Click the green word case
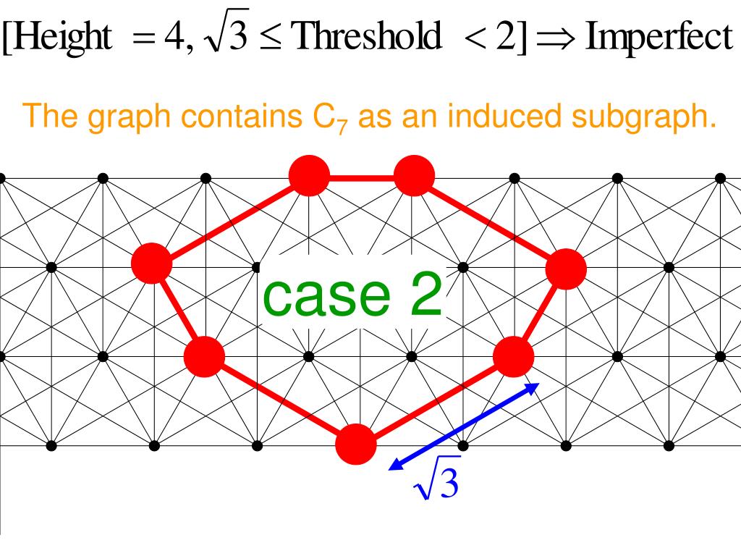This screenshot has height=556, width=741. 321,297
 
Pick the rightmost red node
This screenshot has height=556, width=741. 566,269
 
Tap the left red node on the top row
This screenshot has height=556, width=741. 309,176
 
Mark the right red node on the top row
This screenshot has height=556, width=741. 414,176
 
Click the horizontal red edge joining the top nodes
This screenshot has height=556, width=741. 362,176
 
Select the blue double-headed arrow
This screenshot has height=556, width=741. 464,426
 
